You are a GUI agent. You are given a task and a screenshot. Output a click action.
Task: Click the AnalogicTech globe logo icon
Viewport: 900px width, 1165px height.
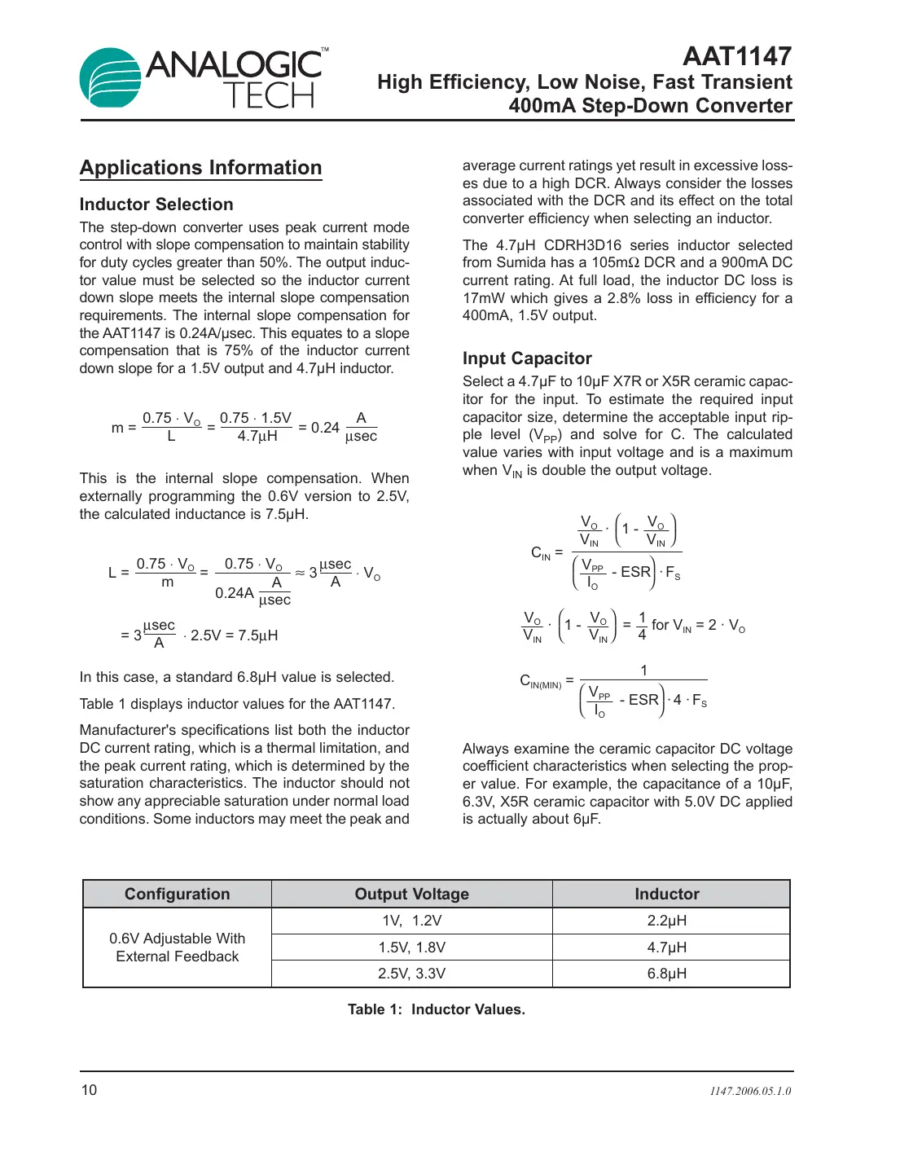click(111, 78)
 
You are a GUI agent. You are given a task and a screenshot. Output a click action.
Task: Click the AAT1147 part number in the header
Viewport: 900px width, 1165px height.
click(736, 56)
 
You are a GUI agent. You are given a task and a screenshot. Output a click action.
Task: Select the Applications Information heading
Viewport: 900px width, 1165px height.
click(200, 168)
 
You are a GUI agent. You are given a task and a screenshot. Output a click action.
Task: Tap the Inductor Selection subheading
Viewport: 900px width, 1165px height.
click(156, 204)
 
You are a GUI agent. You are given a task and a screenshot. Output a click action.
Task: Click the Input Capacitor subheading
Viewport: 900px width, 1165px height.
click(527, 358)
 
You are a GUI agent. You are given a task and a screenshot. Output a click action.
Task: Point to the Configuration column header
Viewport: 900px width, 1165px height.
click(177, 894)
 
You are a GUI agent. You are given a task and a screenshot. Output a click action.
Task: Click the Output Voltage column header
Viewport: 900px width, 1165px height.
click(411, 894)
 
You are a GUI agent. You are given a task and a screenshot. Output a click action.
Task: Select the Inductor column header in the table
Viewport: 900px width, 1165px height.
click(666, 894)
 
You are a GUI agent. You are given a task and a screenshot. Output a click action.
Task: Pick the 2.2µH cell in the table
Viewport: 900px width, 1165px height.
click(666, 921)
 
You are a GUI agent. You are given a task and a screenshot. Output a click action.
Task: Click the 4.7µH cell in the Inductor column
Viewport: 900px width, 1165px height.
click(666, 947)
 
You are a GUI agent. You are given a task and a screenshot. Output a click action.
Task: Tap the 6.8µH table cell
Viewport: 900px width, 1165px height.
click(666, 974)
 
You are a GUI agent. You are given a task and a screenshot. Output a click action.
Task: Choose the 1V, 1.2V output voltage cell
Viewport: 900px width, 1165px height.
click(411, 921)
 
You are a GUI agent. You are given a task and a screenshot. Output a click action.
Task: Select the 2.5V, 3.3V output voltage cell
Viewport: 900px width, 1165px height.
click(411, 974)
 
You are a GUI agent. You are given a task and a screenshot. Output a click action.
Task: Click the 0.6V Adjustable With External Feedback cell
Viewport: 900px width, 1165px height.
click(177, 947)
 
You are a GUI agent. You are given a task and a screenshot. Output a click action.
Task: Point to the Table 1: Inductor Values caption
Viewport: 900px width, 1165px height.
click(436, 1009)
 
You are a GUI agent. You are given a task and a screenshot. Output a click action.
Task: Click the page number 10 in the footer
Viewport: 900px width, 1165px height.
click(89, 1090)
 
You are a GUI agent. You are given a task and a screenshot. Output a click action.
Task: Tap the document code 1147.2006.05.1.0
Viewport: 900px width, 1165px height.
click(749, 1091)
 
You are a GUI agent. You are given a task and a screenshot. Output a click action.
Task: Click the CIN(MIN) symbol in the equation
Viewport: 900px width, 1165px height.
click(540, 681)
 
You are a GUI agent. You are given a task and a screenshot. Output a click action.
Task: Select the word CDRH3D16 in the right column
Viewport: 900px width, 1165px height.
click(582, 245)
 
